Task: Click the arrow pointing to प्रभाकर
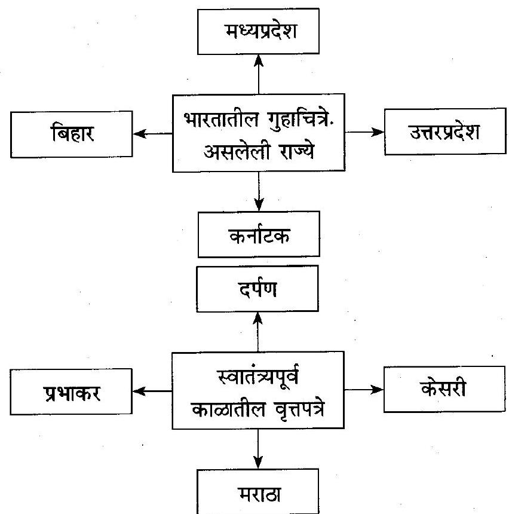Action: point(151,392)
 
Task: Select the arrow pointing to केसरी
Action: point(364,390)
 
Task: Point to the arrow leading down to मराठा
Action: point(258,449)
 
